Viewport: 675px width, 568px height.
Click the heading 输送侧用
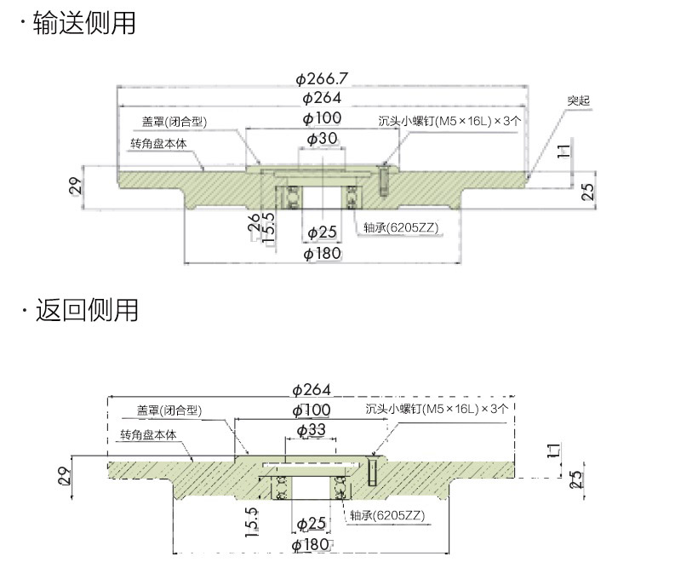pos(84,23)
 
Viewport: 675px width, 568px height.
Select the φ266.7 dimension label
pos(322,79)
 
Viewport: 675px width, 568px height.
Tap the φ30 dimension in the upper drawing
pos(322,138)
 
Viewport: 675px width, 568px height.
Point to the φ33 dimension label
pos(312,430)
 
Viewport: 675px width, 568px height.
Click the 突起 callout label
pos(579,100)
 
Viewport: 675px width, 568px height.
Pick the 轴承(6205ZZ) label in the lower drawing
pos(386,515)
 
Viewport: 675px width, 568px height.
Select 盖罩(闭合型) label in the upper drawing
pos(175,122)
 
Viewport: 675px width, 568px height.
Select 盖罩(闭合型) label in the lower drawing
pos(169,410)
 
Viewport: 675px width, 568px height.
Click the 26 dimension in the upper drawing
pos(253,223)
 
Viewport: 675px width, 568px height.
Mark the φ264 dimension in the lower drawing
pos(312,390)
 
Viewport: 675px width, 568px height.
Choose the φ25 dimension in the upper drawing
pos(322,232)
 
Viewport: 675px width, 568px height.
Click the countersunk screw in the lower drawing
pos(374,472)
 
